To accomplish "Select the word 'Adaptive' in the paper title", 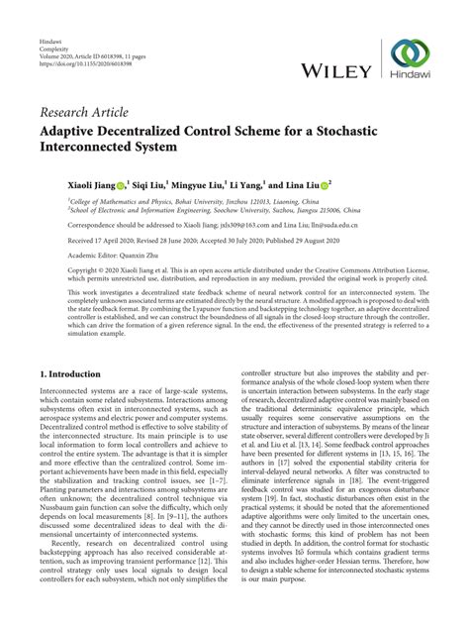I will coord(75,131).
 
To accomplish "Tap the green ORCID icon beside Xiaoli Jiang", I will coord(121,184).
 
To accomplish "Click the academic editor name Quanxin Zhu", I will coord(133,260).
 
